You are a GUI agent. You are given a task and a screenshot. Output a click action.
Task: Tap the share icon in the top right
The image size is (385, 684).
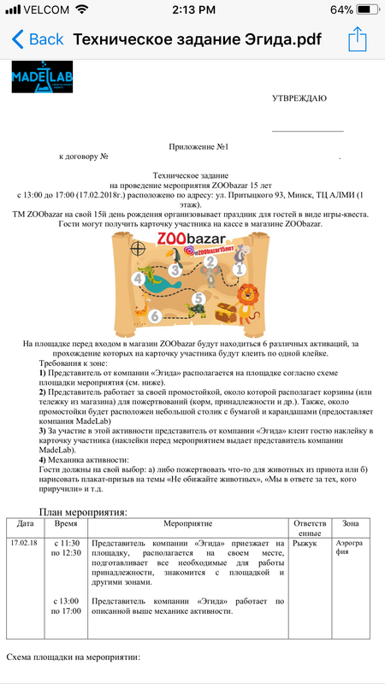point(357,38)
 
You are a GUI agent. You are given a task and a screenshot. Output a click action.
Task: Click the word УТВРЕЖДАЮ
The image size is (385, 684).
point(299,98)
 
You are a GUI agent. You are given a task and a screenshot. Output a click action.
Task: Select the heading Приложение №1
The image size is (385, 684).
point(192,146)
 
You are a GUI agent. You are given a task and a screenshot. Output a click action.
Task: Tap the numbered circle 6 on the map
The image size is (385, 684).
point(155,316)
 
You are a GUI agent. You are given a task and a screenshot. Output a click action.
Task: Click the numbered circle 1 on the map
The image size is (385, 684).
point(240,268)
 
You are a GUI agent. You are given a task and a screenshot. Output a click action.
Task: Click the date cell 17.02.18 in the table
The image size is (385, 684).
point(26,543)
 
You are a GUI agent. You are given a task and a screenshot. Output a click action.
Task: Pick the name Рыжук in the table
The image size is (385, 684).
point(304,543)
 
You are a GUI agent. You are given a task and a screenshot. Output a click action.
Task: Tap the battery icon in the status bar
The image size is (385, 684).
point(364,10)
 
